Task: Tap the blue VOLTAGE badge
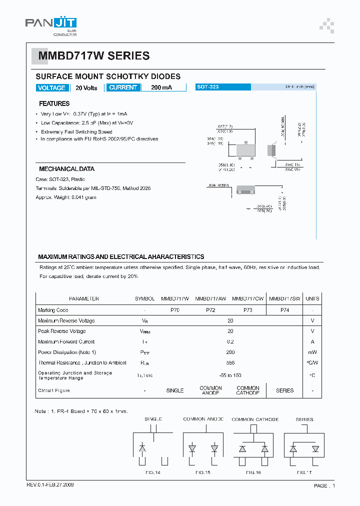pyautogui.click(x=51, y=87)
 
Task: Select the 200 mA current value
pyautogui.click(x=161, y=87)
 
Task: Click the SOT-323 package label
pyautogui.click(x=207, y=87)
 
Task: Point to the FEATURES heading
pyautogui.click(x=54, y=103)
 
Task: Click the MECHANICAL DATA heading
pyautogui.click(x=66, y=169)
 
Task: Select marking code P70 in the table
pyautogui.click(x=174, y=310)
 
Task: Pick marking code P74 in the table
pyautogui.click(x=284, y=310)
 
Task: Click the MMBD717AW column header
pyautogui.click(x=210, y=298)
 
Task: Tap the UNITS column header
pyautogui.click(x=312, y=298)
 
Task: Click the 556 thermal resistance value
pyautogui.click(x=230, y=363)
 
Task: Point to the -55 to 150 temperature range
pyautogui.click(x=230, y=375)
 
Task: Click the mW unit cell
pyautogui.click(x=312, y=352)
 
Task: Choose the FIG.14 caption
pyautogui.click(x=153, y=472)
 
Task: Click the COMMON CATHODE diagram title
pyautogui.click(x=255, y=419)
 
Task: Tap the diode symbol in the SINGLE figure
pyautogui.click(x=142, y=449)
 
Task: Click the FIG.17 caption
pyautogui.click(x=304, y=472)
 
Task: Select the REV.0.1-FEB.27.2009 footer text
pyautogui.click(x=51, y=485)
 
